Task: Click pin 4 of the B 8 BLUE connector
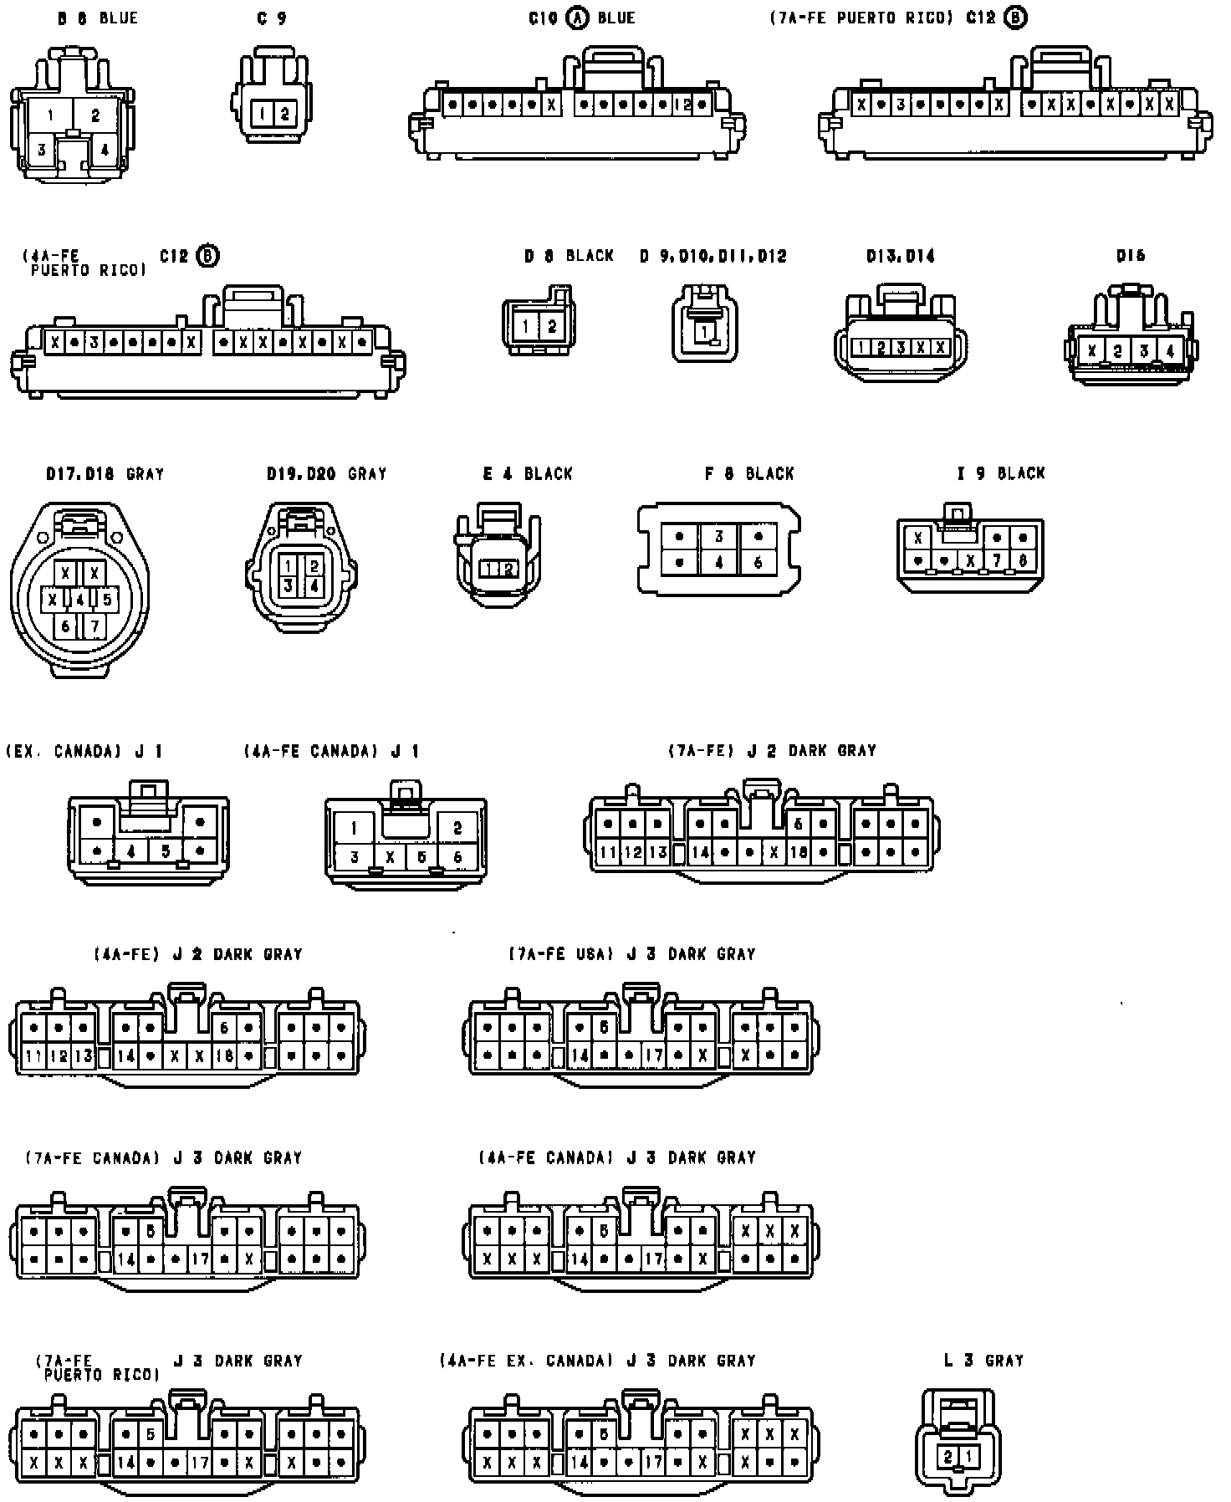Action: (105, 151)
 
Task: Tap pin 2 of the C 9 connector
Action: (284, 114)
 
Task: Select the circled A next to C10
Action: (577, 18)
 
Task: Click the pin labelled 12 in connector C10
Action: (682, 105)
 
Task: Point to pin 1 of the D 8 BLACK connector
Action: (525, 327)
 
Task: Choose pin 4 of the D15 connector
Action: (1169, 351)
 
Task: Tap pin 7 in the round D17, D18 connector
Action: (94, 626)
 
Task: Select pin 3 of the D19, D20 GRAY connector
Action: (289, 586)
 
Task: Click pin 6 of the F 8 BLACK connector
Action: (758, 563)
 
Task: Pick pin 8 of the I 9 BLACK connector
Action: (1023, 560)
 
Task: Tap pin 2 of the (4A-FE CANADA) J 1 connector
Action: (457, 828)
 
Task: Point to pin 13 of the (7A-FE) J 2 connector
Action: (658, 853)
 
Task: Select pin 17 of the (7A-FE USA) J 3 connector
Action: (653, 1055)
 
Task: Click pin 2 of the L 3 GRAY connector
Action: (948, 1456)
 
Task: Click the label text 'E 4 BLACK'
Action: (528, 473)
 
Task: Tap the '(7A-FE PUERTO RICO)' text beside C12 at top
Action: (861, 18)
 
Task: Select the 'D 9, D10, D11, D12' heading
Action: (713, 256)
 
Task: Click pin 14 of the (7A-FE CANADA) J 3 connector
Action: (126, 1259)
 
